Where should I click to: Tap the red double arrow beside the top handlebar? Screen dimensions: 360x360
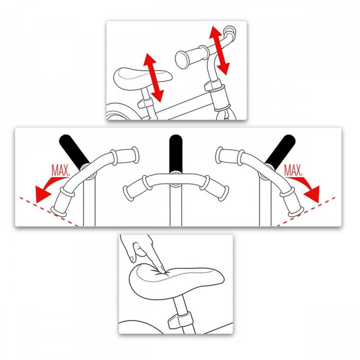click(x=220, y=50)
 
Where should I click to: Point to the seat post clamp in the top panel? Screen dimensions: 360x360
click(x=145, y=102)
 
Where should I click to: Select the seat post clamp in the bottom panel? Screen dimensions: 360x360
click(x=178, y=319)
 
